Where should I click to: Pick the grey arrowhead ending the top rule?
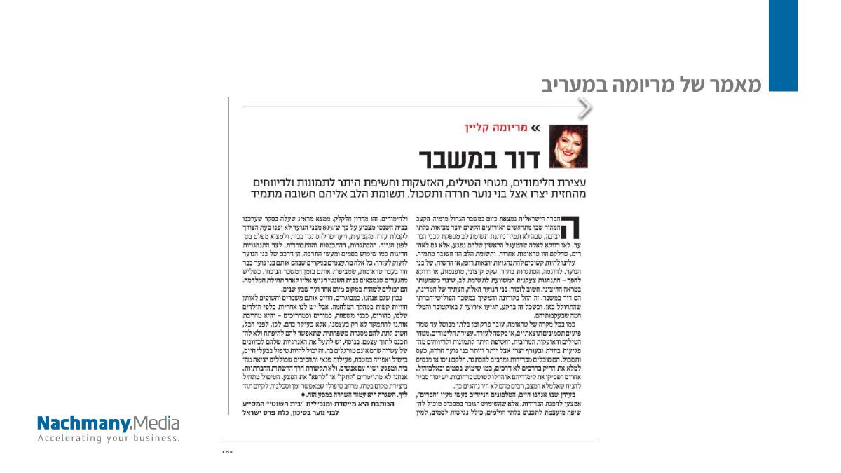click(585, 107)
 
